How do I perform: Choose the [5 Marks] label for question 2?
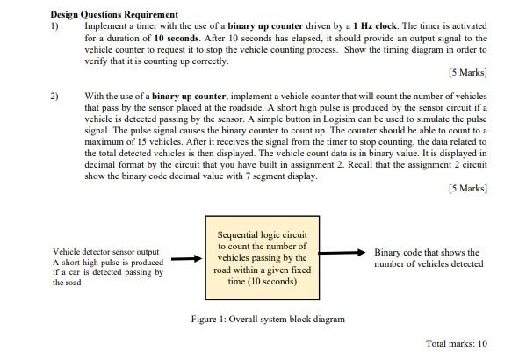point(466,189)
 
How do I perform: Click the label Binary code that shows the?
point(427,252)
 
